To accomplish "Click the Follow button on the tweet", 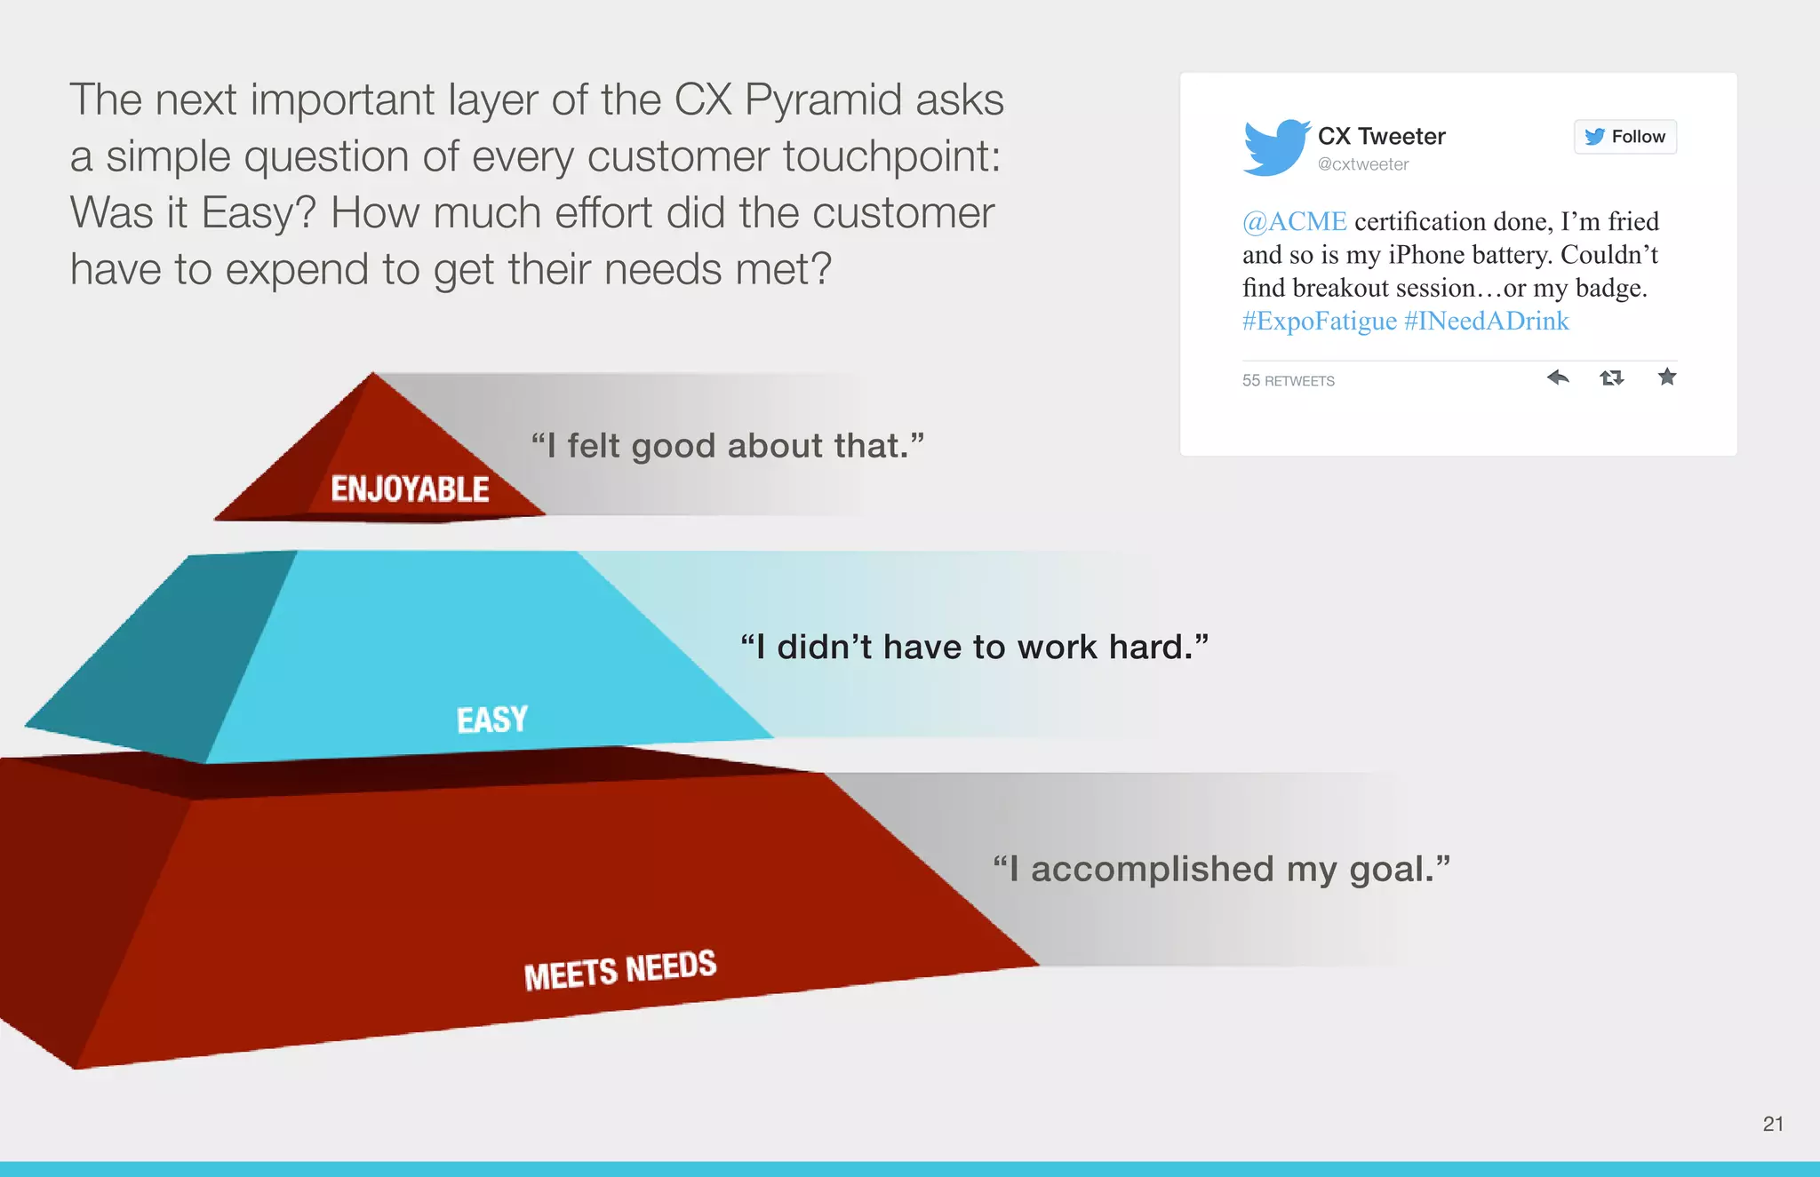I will pos(1624,137).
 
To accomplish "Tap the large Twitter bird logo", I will pos(1276,147).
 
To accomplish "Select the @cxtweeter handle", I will pos(1362,164).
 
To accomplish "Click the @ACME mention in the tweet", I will pos(1294,221).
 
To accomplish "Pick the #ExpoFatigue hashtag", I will pos(1319,321).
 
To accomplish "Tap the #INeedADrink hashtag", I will pos(1487,321).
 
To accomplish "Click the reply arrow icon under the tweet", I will pos(1557,378).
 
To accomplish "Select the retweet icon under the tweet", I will pos(1611,378).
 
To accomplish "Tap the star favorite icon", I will pos(1667,377).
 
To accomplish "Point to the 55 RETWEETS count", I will pos(1288,381).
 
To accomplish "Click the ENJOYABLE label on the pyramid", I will pos(410,489).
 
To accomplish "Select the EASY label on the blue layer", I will pos(492,720).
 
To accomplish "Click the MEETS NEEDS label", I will pos(619,969).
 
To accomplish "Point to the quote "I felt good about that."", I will pos(727,446).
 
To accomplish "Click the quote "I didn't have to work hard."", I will pos(974,648).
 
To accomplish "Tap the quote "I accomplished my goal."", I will pos(1221,869).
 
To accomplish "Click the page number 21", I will pos(1773,1124).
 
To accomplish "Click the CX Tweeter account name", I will pos(1381,136).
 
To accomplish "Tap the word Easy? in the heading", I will pos(259,213).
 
